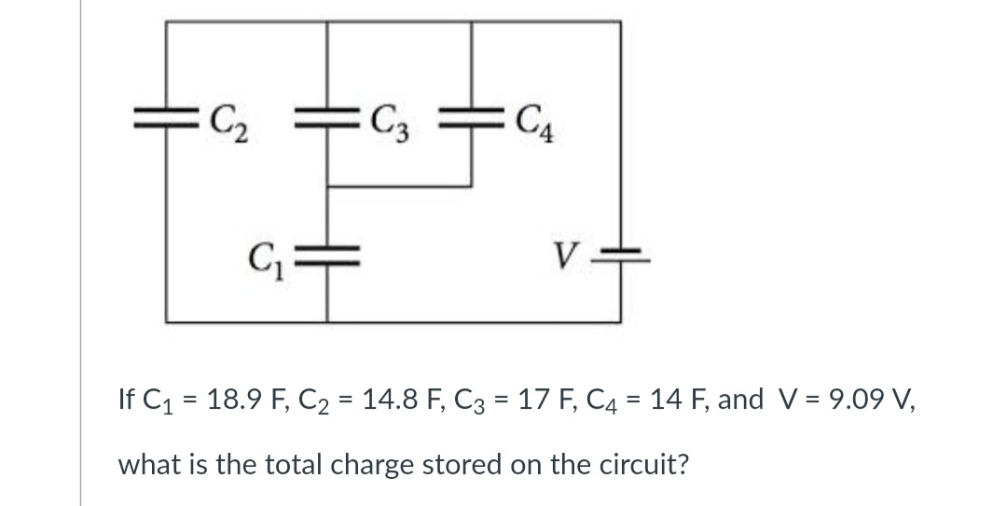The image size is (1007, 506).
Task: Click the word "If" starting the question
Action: point(128,401)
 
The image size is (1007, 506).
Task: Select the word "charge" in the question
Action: point(359,464)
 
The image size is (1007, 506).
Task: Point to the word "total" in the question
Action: point(274,464)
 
